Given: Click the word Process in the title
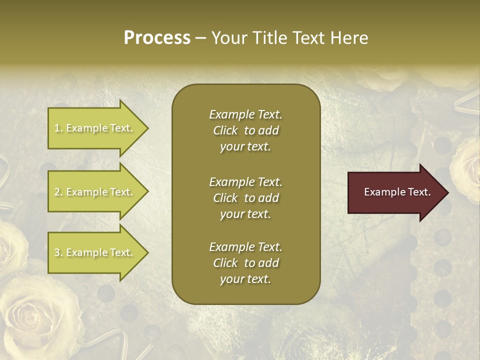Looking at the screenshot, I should [x=157, y=38].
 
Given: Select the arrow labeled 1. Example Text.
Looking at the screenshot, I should [x=95, y=128].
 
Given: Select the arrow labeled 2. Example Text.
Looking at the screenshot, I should [x=95, y=192].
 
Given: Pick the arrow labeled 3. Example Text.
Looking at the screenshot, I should [x=95, y=253].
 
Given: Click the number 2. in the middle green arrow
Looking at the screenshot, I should [x=59, y=192].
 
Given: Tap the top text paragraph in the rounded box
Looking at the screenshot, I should [x=245, y=130].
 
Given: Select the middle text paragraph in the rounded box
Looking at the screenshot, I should [x=245, y=198].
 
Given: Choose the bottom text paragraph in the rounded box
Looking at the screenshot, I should [x=245, y=263].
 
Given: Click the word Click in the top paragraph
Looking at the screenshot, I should [x=225, y=130].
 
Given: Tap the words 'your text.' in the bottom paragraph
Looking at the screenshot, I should [x=245, y=279].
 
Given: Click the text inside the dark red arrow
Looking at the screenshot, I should [x=397, y=192].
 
